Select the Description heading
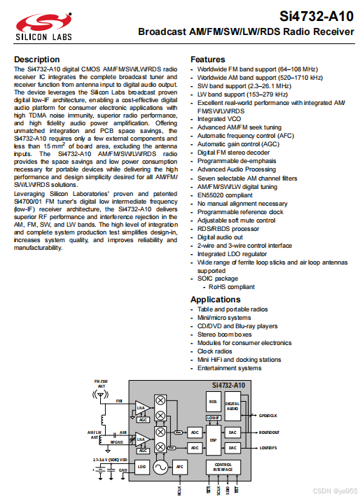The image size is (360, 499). pos(37,59)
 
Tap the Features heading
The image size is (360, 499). pos(208,59)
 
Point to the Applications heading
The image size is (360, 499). pos(216,300)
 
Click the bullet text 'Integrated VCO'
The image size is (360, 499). pos(219,120)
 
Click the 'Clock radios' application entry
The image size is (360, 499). pos(216,351)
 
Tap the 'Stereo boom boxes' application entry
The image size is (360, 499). pos(225,335)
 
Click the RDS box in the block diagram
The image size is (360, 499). pos(213,402)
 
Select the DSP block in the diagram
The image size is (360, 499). pos(213,440)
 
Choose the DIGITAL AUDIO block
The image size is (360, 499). pos(233,406)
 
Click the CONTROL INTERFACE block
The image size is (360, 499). pos(222,467)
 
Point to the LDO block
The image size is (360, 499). pos(141,466)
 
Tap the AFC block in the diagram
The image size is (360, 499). pos(180,466)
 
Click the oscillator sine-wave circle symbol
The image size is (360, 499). pos(160,467)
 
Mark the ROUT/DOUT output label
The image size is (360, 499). pos(269,433)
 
